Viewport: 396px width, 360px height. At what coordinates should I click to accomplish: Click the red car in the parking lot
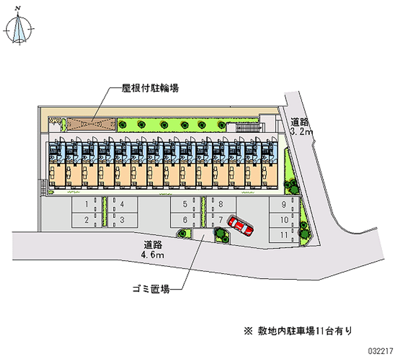click(x=241, y=226)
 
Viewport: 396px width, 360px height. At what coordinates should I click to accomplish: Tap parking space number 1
click(x=87, y=205)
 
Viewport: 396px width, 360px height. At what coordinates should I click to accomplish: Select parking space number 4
click(x=122, y=205)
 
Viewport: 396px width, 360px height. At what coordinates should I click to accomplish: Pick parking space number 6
click(x=185, y=220)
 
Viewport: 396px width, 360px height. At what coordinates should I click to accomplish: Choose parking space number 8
click(x=221, y=205)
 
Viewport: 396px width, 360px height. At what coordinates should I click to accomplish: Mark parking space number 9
click(x=284, y=205)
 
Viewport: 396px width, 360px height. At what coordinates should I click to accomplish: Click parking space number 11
click(x=284, y=235)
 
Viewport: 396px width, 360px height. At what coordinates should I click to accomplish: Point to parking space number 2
click(x=87, y=220)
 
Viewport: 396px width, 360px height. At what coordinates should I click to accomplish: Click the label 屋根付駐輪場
click(x=150, y=88)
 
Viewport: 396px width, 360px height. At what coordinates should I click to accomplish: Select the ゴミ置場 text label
click(x=151, y=289)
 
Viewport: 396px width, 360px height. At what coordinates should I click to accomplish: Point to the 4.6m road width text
click(x=152, y=255)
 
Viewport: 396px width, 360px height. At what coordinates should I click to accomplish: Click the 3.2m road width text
click(x=301, y=132)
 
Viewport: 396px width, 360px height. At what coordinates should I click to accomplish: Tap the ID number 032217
click(x=381, y=351)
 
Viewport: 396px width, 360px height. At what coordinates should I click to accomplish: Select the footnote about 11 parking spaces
click(x=298, y=331)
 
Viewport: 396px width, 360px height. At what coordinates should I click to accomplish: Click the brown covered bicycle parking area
click(x=91, y=125)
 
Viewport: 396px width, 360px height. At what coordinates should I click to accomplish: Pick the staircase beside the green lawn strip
click(x=247, y=127)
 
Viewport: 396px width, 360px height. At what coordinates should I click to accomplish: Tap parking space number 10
click(x=284, y=220)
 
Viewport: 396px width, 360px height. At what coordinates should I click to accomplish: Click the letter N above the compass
click(x=18, y=8)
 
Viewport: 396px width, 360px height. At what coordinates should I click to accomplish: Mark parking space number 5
click(x=185, y=205)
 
